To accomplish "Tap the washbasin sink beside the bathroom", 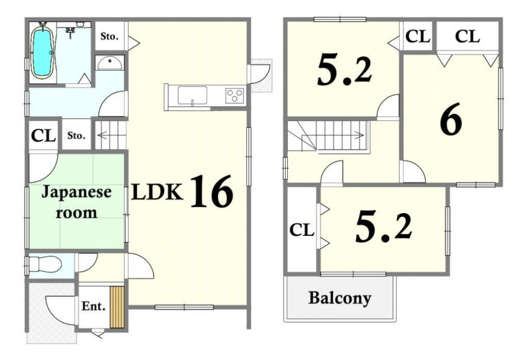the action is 109,63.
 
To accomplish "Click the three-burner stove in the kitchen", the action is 234,95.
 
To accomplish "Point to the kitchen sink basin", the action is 192,96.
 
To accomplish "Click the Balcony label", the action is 340,298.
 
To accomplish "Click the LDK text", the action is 157,192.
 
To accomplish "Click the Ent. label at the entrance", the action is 94,306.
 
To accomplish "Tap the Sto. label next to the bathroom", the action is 109,36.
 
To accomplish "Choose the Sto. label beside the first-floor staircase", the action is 76,136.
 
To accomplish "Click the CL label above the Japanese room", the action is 43,136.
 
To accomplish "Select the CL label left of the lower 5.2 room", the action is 302,230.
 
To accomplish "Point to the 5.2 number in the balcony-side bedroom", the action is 384,228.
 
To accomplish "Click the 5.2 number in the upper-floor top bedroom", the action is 345,71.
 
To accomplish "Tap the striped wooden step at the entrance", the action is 117,307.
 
